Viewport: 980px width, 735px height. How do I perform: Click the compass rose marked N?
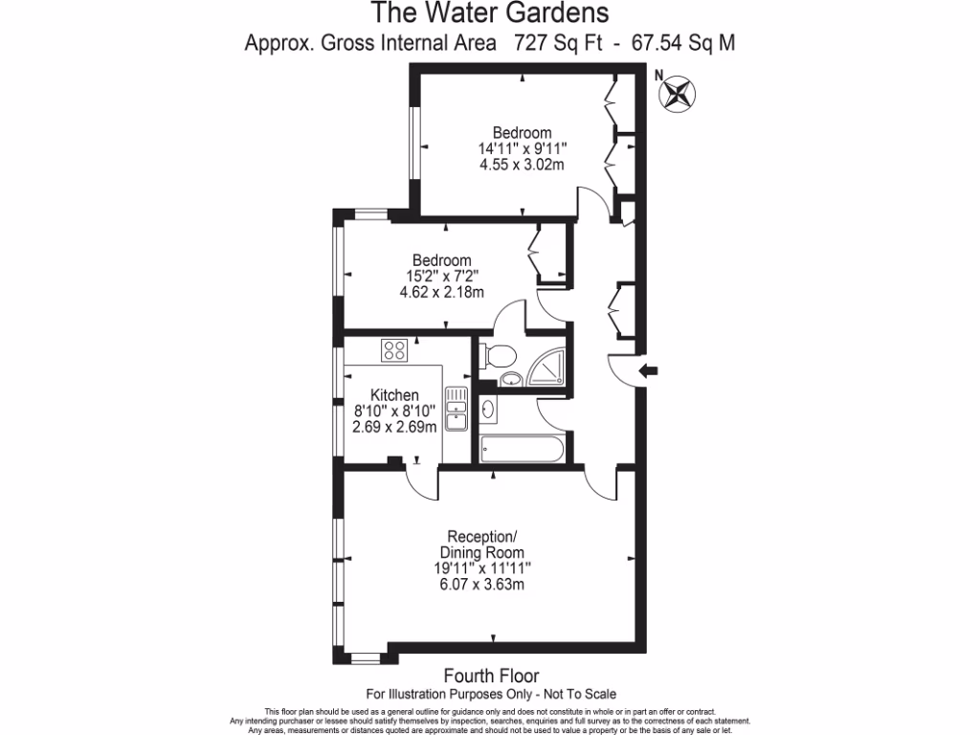(678, 94)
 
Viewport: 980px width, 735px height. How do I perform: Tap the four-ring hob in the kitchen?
(393, 350)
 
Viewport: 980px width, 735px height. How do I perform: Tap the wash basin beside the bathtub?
(489, 411)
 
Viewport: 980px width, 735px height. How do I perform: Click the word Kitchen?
(394, 395)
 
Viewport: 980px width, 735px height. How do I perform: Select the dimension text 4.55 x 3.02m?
(522, 165)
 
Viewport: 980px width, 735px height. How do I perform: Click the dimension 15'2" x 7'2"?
(441, 277)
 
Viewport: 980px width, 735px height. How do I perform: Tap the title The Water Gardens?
(489, 13)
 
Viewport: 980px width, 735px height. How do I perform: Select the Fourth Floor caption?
(491, 676)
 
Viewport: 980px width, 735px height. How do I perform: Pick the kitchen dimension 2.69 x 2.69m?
(395, 427)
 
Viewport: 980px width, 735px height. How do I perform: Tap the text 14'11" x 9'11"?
(523, 148)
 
